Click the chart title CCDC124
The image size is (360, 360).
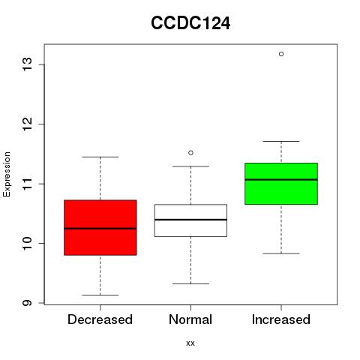pos(190,23)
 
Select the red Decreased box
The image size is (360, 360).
pos(100,227)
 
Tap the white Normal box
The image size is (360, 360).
pos(190,220)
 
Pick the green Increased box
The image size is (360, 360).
pos(281,184)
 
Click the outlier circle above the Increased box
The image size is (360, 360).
pos(281,54)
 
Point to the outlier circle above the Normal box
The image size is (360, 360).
pos(190,153)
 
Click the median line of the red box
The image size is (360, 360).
pos(100,229)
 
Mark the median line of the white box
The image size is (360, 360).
pos(190,220)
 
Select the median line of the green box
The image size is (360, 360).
pos(281,179)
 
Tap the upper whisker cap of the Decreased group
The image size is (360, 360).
pos(100,157)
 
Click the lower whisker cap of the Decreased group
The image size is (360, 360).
pos(100,295)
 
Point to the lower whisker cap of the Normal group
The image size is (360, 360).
pos(190,283)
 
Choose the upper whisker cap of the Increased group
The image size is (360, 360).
pos(281,141)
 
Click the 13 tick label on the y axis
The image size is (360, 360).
pos(27,64)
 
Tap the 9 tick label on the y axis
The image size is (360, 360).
pos(27,303)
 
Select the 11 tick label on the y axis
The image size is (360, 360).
pos(27,184)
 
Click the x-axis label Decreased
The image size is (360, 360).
pos(100,319)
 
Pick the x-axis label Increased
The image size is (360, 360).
pos(281,319)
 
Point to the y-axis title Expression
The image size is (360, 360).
pos(7,174)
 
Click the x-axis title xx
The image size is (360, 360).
pos(190,343)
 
